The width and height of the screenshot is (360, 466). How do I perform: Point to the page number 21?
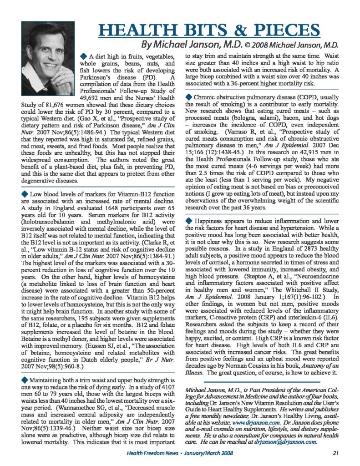point(336,452)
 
